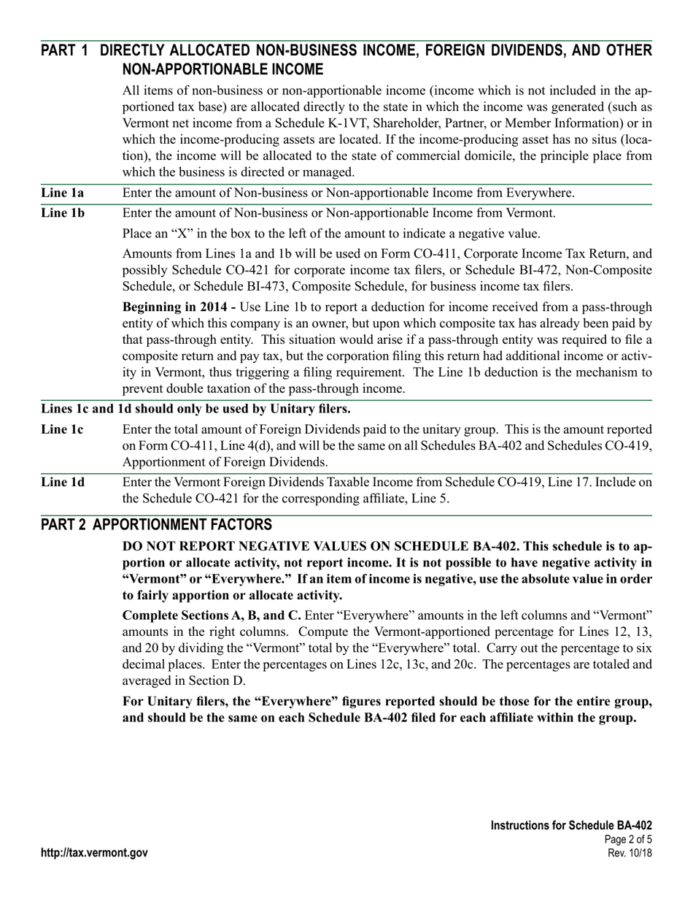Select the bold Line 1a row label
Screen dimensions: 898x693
[x=62, y=193]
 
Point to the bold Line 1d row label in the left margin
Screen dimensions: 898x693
[x=63, y=482]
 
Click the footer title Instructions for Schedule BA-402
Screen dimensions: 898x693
[x=571, y=825]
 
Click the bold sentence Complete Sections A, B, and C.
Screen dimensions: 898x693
[x=212, y=615]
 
